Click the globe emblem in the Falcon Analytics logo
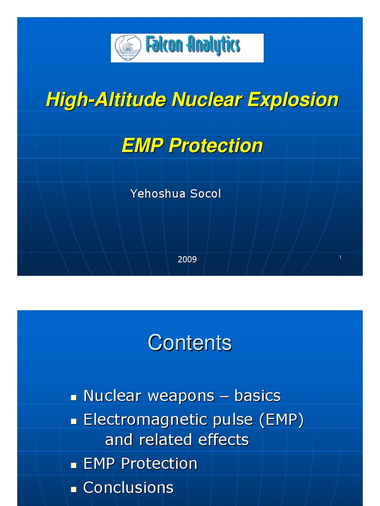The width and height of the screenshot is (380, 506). click(128, 47)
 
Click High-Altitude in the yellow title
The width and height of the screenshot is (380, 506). click(106, 100)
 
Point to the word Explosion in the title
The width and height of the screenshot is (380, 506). click(293, 100)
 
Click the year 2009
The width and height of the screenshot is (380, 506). click(187, 259)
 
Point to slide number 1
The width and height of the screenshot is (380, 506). click(341, 257)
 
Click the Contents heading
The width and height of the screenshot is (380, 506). click(190, 342)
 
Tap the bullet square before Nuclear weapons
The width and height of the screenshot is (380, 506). click(74, 397)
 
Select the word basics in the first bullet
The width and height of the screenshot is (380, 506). click(257, 396)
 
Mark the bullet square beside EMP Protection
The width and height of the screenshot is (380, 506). click(74, 465)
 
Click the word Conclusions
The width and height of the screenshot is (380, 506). click(128, 488)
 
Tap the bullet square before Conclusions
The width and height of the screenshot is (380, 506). click(74, 489)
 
